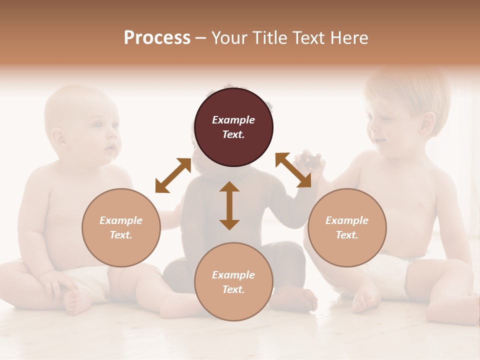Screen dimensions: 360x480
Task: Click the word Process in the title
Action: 157,38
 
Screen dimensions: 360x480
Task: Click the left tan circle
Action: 121,227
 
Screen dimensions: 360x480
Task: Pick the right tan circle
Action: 347,227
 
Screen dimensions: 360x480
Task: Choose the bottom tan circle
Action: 233,282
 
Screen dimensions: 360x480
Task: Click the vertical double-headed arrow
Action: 229,205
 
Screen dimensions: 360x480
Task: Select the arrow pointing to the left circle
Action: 173,175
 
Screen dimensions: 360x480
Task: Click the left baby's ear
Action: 58,137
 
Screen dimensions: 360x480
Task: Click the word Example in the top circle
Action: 233,120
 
